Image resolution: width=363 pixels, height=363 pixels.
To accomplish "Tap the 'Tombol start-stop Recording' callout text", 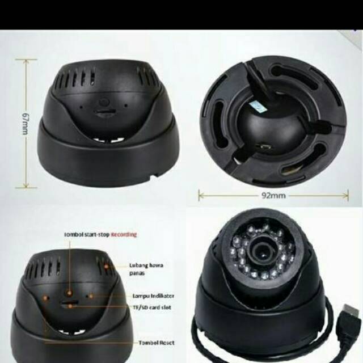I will coord(99,234).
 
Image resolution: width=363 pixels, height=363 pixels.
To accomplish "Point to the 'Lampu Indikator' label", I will coord(153,296).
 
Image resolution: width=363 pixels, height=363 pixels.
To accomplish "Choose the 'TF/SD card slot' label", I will coord(151,307).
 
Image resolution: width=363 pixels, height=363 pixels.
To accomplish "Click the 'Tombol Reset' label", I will coord(156,343).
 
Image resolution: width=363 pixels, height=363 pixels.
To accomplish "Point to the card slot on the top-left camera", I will coord(103,113).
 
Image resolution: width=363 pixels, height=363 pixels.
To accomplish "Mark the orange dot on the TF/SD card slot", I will coord(70,306).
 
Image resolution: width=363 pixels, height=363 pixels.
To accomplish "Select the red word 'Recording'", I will coord(124,234).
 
